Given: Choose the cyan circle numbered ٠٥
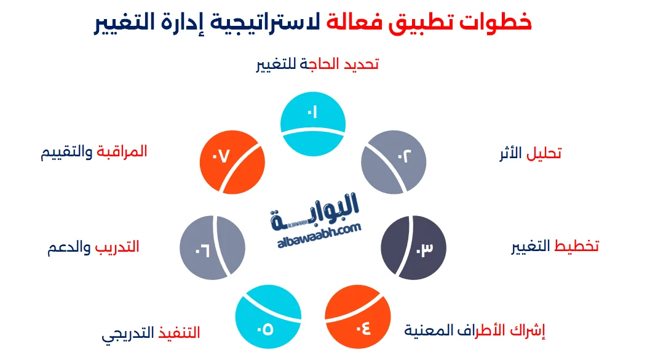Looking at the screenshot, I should (x=268, y=319).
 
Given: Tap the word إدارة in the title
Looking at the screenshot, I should (x=187, y=23).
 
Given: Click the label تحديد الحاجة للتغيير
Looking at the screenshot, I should (x=317, y=64).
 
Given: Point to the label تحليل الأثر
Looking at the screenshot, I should (x=529, y=154).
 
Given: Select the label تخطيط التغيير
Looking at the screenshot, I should (x=555, y=247).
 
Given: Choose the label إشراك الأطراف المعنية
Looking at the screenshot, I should (x=475, y=330).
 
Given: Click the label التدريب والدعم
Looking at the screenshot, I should (x=93, y=247).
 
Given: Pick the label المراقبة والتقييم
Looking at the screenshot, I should (x=93, y=152).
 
